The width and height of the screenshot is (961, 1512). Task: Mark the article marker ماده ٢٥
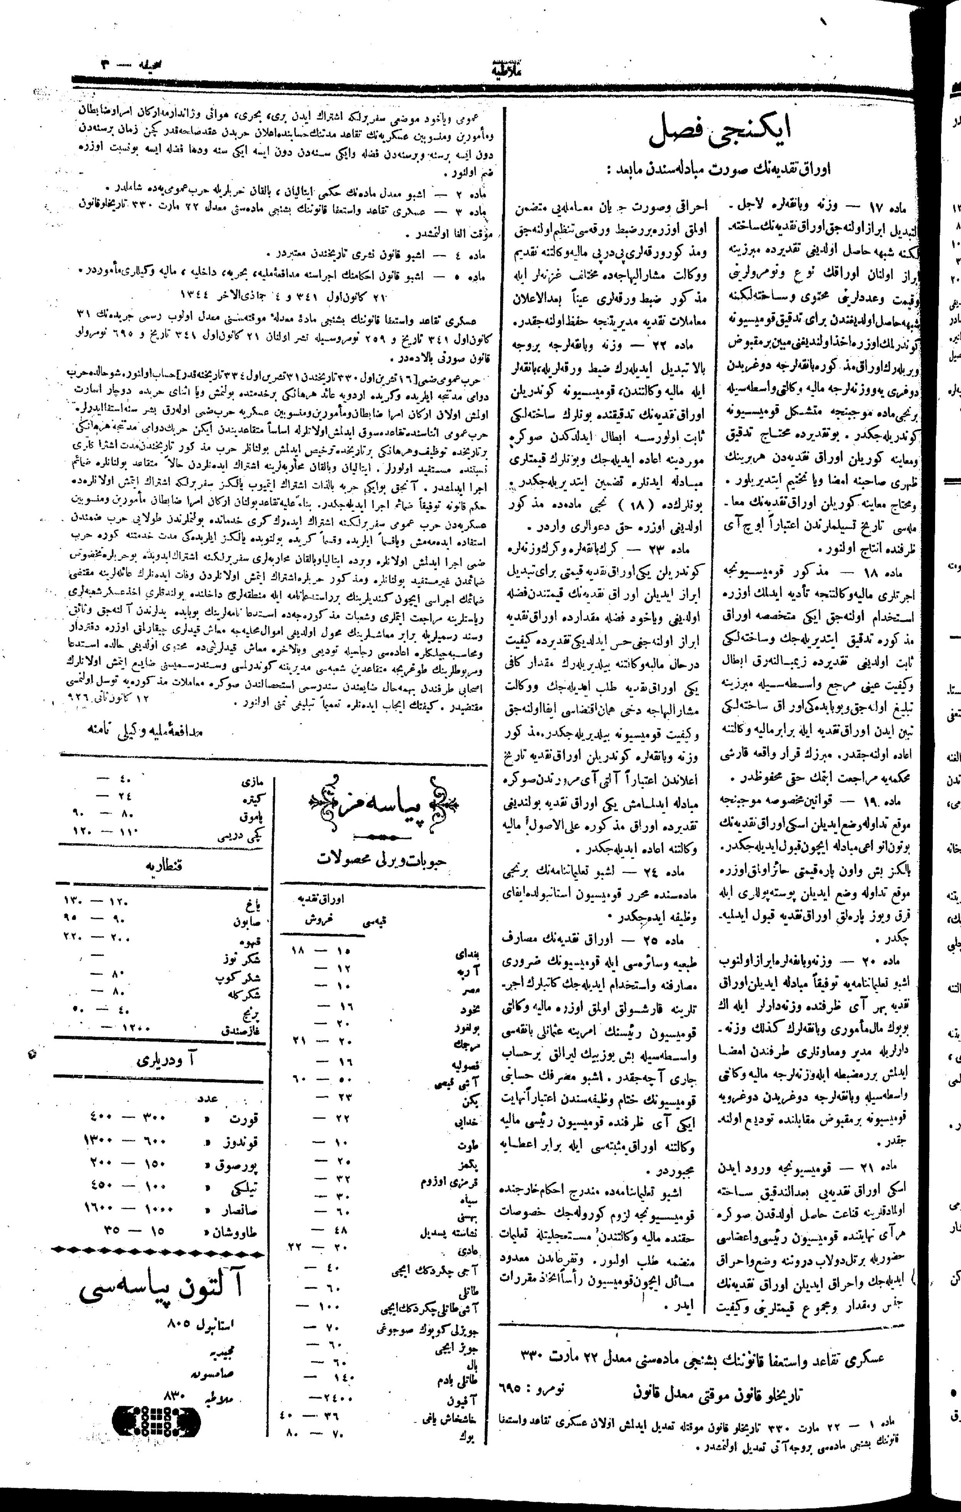click(673, 940)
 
